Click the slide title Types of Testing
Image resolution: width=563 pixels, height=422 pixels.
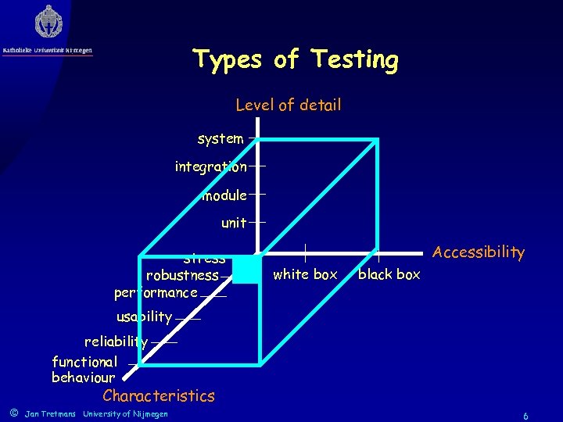(x=296, y=59)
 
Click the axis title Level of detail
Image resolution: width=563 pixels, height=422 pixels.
(x=289, y=105)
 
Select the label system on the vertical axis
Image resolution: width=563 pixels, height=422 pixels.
(x=221, y=138)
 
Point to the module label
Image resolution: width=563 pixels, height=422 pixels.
(x=224, y=195)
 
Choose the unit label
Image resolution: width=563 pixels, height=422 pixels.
(x=234, y=223)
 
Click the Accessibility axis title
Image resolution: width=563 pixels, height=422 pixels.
(x=479, y=252)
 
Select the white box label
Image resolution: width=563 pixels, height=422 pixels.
(x=305, y=274)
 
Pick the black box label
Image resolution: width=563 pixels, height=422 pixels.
(x=389, y=274)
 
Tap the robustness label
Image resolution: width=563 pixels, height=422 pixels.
(x=182, y=275)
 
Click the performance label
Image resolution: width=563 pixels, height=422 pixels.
(x=156, y=293)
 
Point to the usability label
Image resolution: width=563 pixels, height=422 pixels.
(x=144, y=316)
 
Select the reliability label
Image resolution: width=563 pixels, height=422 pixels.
(x=116, y=342)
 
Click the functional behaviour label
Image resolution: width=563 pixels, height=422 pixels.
(x=84, y=370)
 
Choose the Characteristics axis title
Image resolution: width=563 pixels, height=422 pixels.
(x=159, y=395)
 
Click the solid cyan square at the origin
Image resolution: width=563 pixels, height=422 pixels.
(x=246, y=269)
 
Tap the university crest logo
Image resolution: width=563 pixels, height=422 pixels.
(x=48, y=22)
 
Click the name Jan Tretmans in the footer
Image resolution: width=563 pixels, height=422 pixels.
(x=50, y=413)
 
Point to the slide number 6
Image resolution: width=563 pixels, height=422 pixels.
(x=525, y=417)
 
